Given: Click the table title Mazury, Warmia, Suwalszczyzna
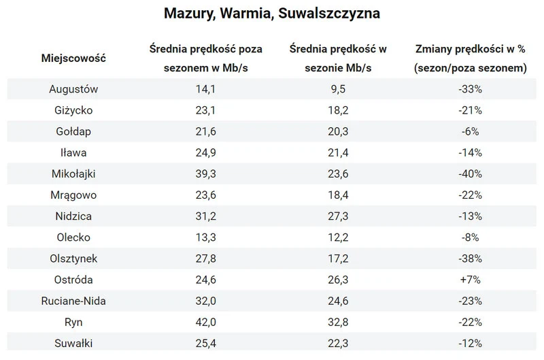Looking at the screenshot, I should click(x=272, y=14).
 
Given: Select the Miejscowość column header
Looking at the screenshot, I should click(x=73, y=59).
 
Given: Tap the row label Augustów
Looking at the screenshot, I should click(x=74, y=88).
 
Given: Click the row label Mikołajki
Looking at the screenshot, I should click(x=74, y=174).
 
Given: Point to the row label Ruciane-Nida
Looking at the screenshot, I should click(x=74, y=301).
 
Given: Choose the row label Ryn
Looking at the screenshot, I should click(x=74, y=323).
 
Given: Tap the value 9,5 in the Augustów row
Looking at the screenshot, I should click(x=337, y=88).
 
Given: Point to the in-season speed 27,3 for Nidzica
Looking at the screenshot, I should click(x=337, y=216).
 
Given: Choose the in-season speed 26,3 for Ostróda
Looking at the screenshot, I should click(x=337, y=280).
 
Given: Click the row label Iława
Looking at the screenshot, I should click(x=74, y=152).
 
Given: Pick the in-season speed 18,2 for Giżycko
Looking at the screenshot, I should click(x=337, y=110).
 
